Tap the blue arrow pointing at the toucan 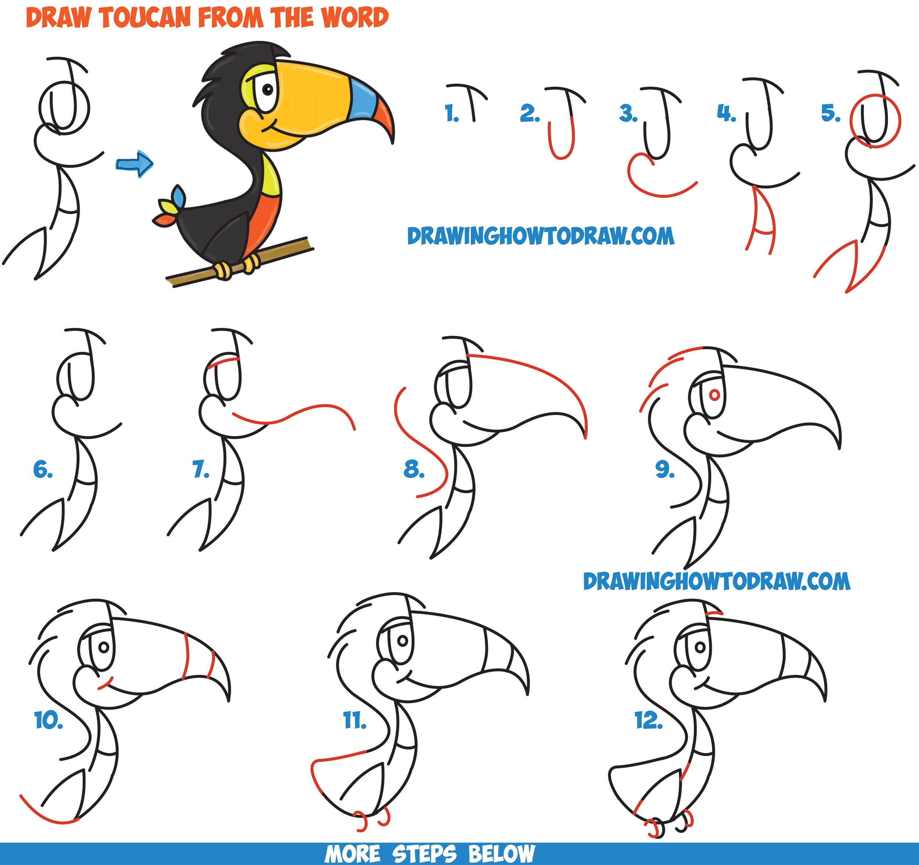135,164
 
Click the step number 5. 830,113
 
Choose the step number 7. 201,470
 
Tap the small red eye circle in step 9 714,395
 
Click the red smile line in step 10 106,684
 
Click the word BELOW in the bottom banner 501,854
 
